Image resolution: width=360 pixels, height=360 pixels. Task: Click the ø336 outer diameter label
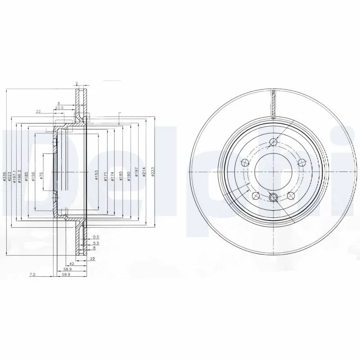click(4, 176)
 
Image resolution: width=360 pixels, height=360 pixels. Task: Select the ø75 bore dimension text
click(41, 176)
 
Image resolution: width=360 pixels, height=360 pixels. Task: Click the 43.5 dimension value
click(58, 108)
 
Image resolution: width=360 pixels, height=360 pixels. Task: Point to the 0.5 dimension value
click(95, 237)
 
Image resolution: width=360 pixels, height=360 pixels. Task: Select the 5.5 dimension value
click(95, 243)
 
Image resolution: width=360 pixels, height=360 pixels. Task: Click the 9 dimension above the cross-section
click(77, 83)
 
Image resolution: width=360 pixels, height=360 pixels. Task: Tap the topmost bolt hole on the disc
click(273, 143)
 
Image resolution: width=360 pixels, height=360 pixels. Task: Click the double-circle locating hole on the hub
click(273, 197)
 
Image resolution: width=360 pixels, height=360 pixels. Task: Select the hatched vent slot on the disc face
click(273, 103)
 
